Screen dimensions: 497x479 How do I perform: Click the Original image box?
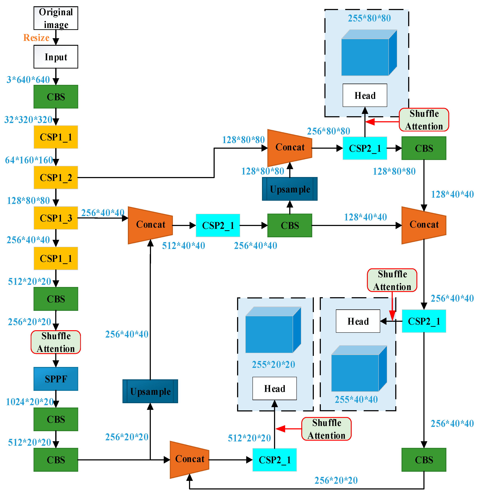[x=56, y=18]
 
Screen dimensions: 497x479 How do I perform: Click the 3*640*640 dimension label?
[x=28, y=80]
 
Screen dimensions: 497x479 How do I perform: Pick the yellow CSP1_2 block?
[x=56, y=178]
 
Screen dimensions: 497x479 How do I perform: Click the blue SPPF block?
[x=56, y=379]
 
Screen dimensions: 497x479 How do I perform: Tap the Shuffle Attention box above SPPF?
[x=56, y=342]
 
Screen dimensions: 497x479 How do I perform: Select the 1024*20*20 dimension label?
[x=29, y=402]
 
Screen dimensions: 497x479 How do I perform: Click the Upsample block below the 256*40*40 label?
[x=150, y=391]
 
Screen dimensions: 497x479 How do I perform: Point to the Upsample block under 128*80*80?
[x=290, y=189]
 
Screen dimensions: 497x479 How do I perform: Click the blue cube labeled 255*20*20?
[x=273, y=330]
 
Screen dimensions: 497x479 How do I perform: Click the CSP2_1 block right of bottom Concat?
[x=274, y=460]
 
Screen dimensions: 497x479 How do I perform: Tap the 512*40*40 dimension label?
[x=183, y=246]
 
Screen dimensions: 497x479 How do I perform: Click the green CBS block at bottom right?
[x=424, y=460]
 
